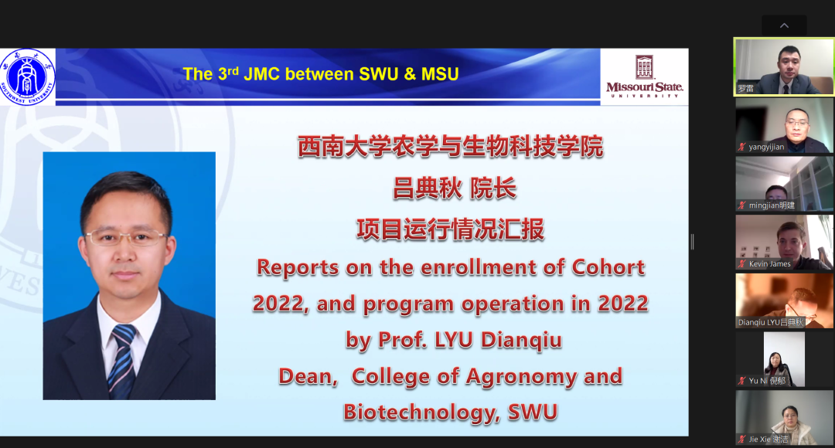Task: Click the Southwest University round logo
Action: (x=27, y=77)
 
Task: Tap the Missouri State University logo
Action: (x=644, y=76)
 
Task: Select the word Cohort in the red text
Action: (x=608, y=267)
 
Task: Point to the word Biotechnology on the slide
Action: (x=421, y=412)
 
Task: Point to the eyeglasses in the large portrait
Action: (x=127, y=237)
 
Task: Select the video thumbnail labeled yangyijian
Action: (x=785, y=126)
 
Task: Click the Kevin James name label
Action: (x=769, y=264)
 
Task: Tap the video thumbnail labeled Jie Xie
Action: (x=785, y=418)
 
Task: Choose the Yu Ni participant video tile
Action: (x=785, y=359)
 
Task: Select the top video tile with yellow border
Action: (x=785, y=66)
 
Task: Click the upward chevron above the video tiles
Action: (x=785, y=25)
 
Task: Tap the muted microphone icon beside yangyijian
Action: (x=741, y=147)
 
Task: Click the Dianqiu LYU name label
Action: (x=770, y=322)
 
